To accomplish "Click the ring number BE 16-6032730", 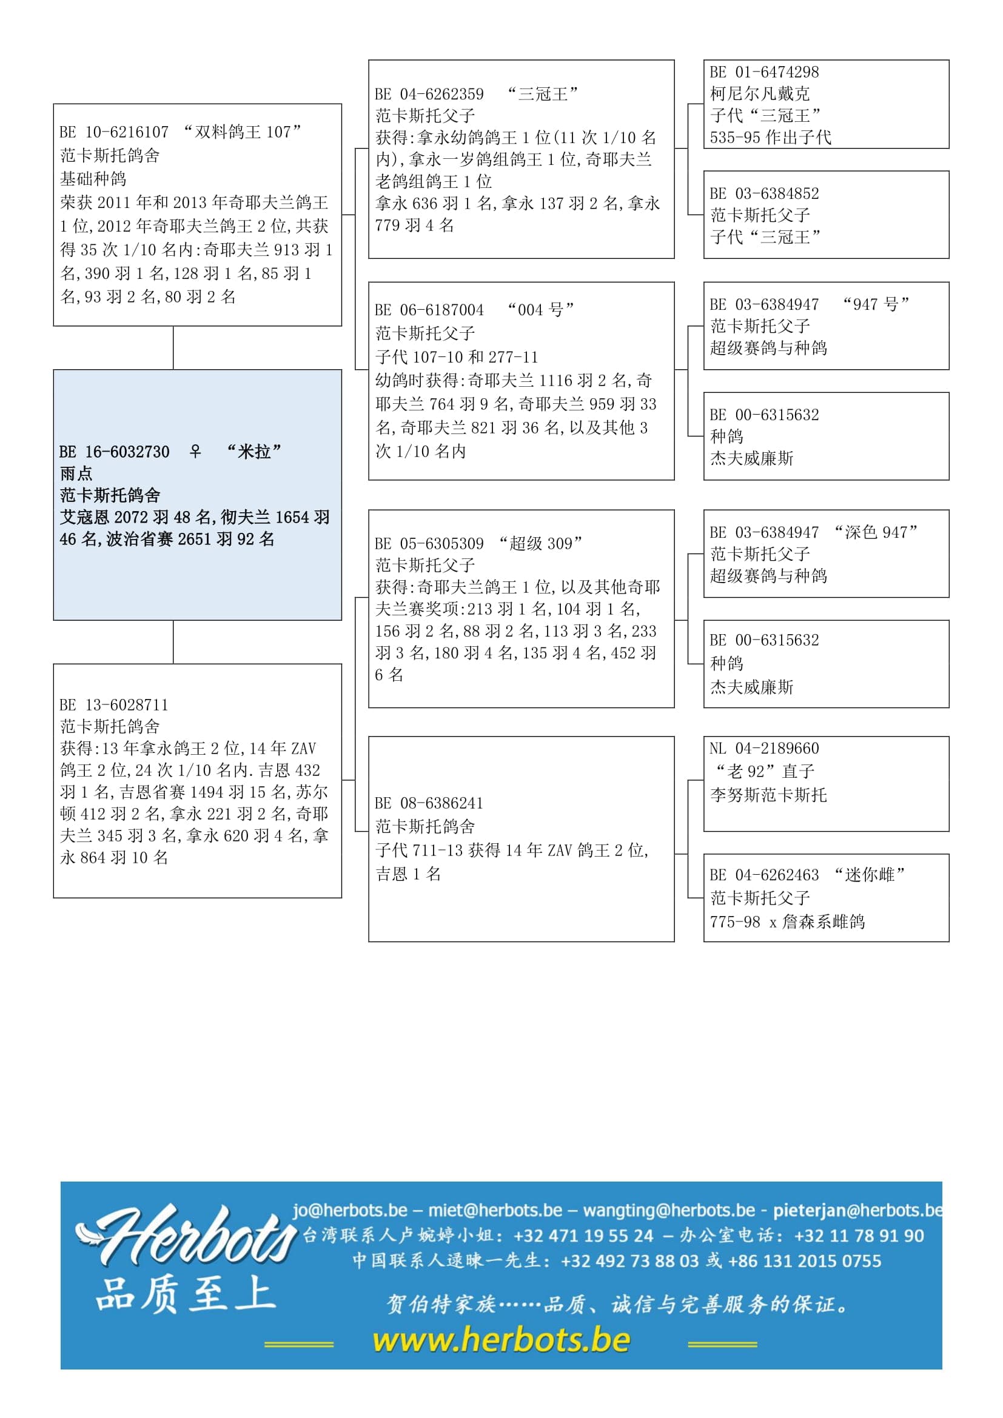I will (114, 452).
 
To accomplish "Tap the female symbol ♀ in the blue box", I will (195, 452).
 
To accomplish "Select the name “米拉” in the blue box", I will (253, 452).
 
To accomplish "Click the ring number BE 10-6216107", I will (114, 132).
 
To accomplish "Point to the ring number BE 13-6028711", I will (114, 704).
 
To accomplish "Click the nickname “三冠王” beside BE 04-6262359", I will (542, 94).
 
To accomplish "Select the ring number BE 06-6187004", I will (429, 309).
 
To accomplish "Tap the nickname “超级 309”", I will (540, 543).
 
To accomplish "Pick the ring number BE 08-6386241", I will (429, 803).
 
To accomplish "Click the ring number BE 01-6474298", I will (764, 72).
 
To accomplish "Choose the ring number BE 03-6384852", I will (764, 193).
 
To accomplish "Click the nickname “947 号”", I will (876, 304).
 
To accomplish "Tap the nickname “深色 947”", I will (875, 532).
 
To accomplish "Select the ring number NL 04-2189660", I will (764, 748).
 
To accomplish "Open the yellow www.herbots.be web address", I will (501, 1340).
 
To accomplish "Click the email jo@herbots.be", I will (349, 1210).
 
